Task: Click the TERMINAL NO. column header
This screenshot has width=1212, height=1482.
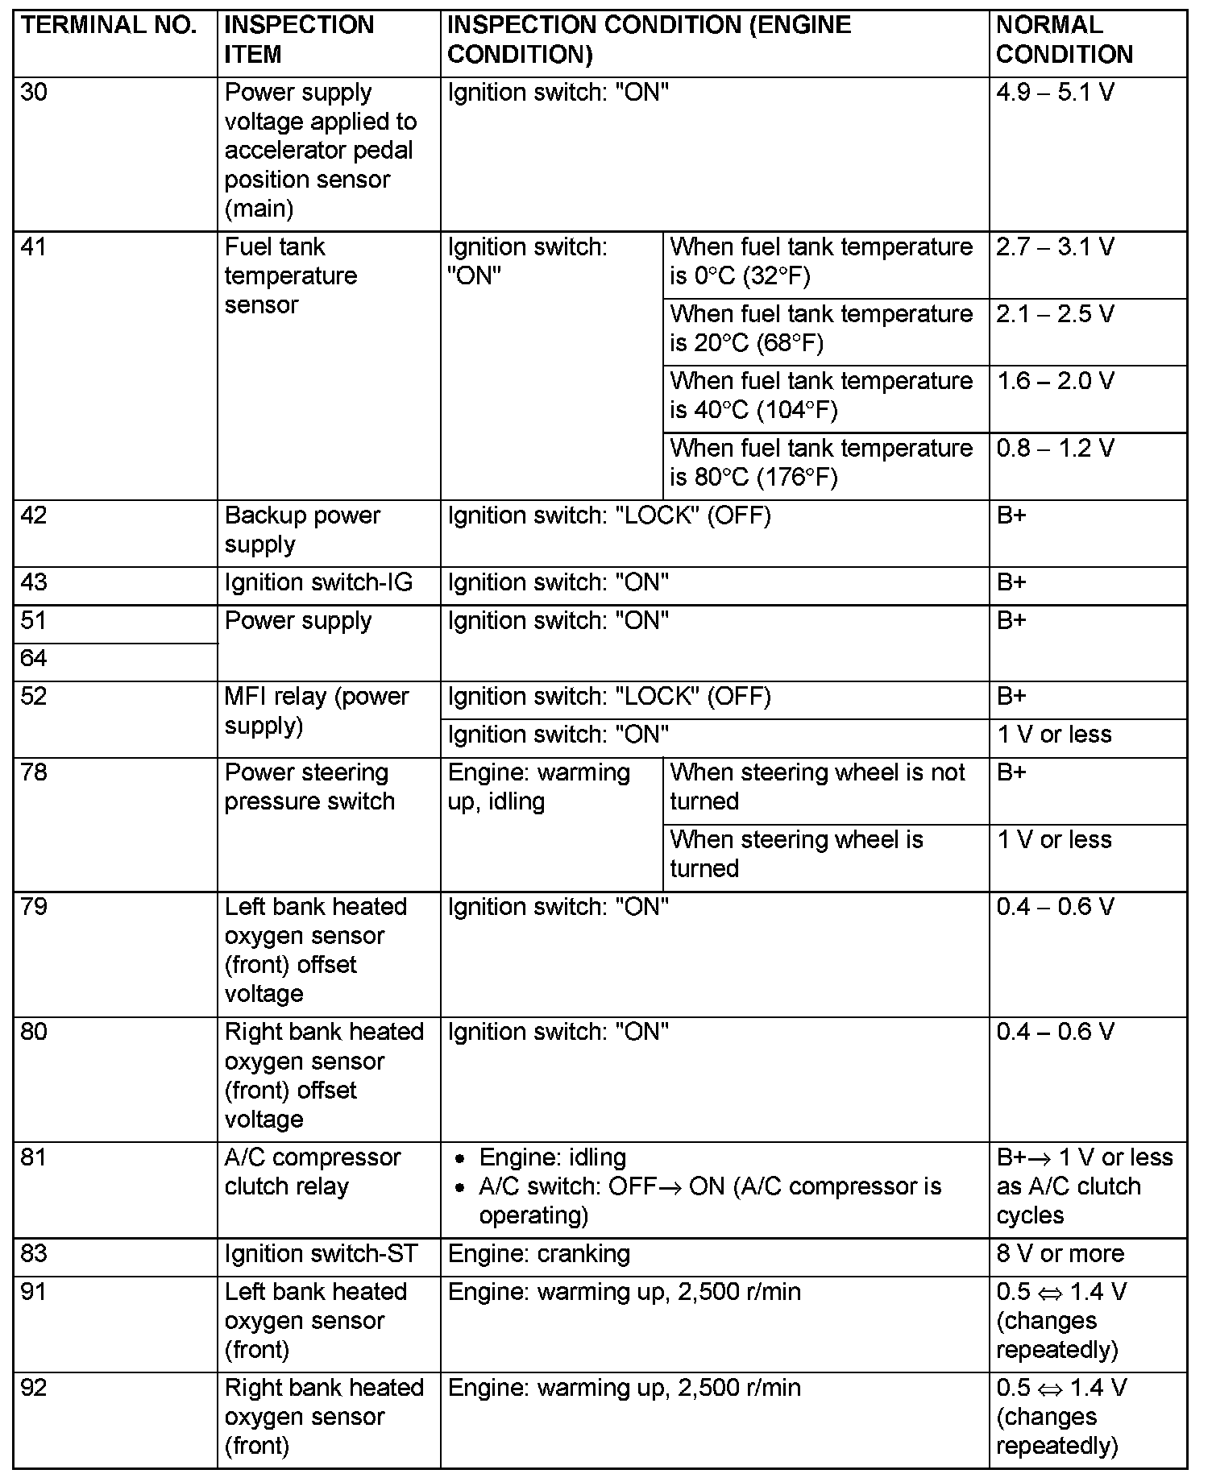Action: click(x=109, y=26)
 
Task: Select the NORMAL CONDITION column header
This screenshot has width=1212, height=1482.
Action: click(x=1064, y=40)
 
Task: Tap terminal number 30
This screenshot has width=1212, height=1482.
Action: click(x=35, y=93)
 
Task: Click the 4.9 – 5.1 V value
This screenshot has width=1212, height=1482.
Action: click(x=1055, y=93)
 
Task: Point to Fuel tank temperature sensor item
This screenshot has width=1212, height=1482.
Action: click(x=290, y=275)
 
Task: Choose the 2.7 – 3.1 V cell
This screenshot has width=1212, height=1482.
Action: click(x=1055, y=247)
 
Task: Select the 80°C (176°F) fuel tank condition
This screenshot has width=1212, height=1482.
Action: click(x=820, y=463)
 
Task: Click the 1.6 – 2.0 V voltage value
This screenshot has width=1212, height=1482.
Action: click(x=1055, y=381)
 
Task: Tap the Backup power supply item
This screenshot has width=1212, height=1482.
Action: click(x=301, y=530)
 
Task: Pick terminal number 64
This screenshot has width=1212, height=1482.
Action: click(x=35, y=659)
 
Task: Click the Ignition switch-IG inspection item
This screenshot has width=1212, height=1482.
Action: click(x=318, y=582)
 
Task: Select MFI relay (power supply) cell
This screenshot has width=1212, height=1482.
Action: click(x=316, y=711)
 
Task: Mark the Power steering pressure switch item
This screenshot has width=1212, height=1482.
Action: click(x=309, y=787)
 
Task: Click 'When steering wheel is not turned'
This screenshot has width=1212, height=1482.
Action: click(x=817, y=787)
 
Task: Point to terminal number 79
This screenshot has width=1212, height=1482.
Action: click(x=35, y=908)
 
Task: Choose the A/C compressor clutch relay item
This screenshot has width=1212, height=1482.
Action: click(x=312, y=1172)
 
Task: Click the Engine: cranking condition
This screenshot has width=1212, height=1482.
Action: click(x=538, y=1254)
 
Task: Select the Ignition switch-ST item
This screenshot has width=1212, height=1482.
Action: click(x=321, y=1254)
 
